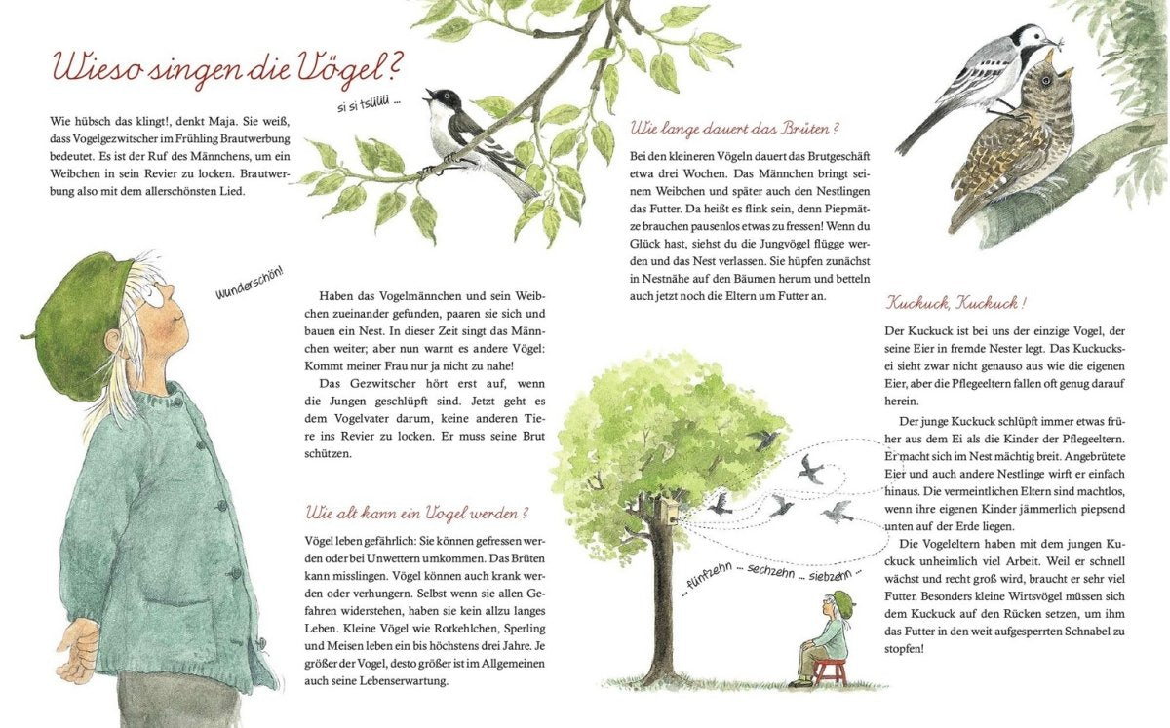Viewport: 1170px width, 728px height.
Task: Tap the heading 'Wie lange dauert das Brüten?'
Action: click(x=734, y=129)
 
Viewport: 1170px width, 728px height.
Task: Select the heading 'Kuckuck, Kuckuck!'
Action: click(x=955, y=303)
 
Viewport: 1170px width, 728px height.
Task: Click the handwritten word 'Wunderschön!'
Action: click(x=251, y=284)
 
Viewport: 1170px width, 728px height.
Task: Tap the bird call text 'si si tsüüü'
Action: click(x=368, y=107)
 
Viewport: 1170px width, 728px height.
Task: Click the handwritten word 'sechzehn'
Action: click(x=770, y=571)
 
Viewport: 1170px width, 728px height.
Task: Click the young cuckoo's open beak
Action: click(x=1058, y=63)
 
